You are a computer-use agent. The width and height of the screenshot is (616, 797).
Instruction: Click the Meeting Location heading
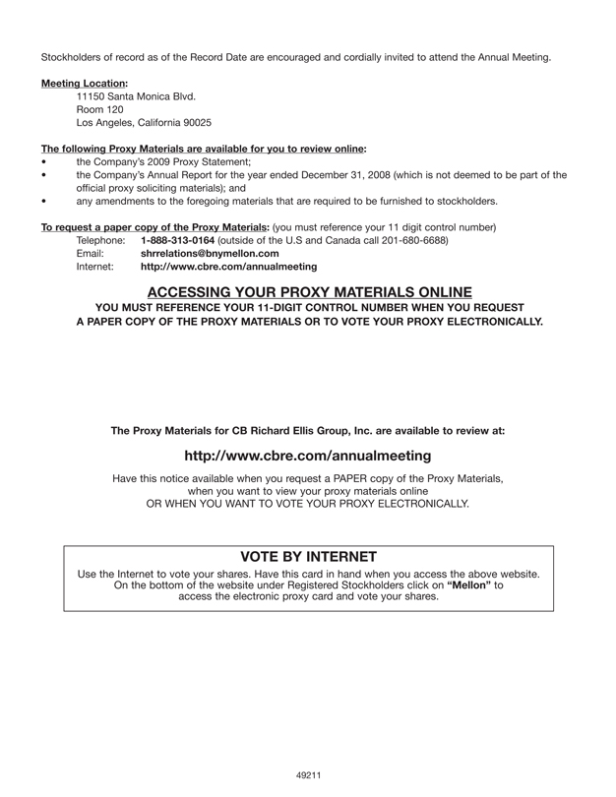(x=84, y=83)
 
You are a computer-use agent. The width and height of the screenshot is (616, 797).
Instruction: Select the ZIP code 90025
(x=195, y=123)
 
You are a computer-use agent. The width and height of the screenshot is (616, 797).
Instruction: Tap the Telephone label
(x=100, y=240)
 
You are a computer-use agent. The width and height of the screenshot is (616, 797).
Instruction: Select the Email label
(x=90, y=253)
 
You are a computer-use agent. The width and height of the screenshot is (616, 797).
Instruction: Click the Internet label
(x=95, y=266)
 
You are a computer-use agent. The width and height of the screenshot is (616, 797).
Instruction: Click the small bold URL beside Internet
(x=229, y=266)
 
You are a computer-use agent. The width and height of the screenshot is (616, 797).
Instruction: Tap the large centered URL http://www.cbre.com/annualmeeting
(x=308, y=456)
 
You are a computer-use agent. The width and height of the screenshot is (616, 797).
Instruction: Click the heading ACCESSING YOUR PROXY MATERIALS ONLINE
(x=309, y=291)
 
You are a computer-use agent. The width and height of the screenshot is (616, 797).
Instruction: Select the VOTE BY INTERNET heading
(x=308, y=556)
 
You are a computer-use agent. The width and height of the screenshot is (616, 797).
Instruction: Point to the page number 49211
(x=309, y=776)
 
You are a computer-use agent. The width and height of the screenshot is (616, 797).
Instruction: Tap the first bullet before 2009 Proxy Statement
(x=43, y=161)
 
